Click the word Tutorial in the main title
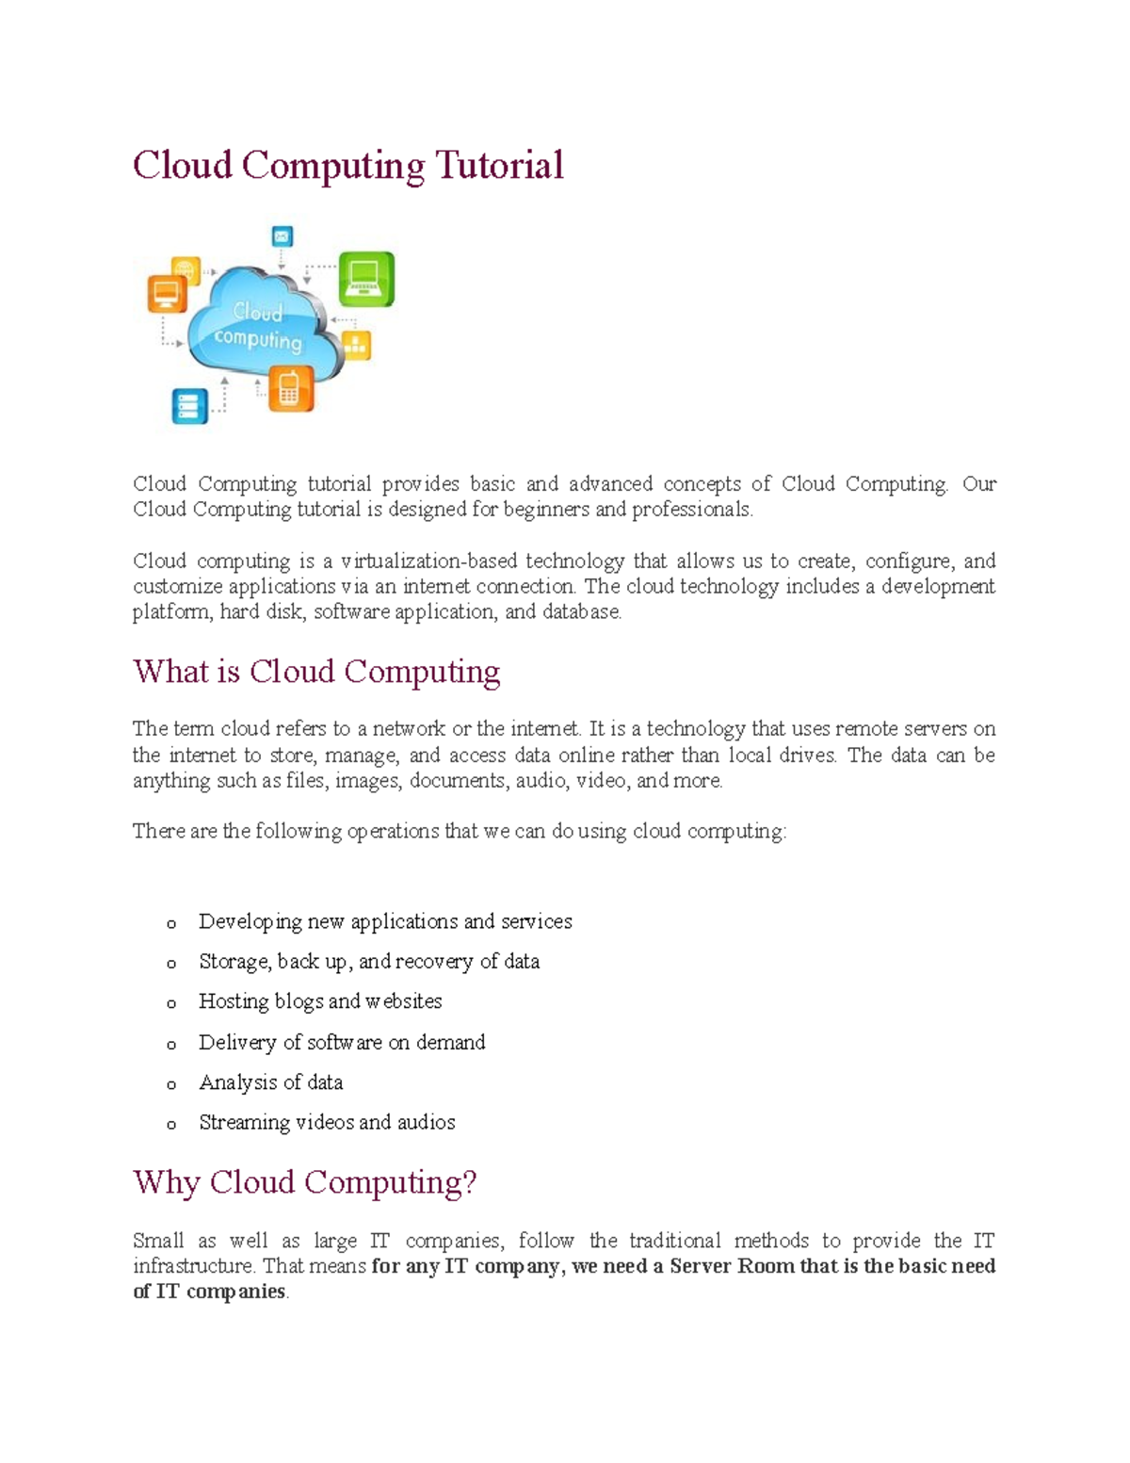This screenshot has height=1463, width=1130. pos(498,166)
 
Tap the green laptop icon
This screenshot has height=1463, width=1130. pos(366,279)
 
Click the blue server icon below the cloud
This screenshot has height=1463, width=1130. pos(188,406)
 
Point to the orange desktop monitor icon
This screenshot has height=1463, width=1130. pos(167,294)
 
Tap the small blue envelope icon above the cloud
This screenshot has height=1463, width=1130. pos(282,236)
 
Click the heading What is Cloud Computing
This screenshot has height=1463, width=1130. pos(316,672)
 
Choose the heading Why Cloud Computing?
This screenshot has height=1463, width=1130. pos(304,1182)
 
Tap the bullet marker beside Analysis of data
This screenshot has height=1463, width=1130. pos(171,1085)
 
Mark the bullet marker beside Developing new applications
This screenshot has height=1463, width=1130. pos(171,924)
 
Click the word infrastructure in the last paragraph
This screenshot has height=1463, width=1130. pos(194,1266)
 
